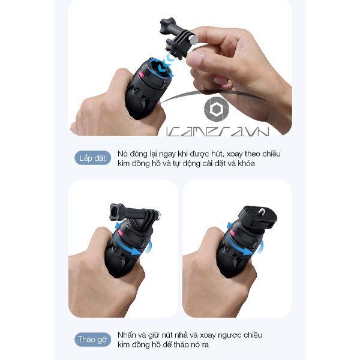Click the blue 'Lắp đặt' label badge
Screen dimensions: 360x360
click(x=93, y=158)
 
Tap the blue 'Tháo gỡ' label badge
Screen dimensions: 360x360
click(x=92, y=340)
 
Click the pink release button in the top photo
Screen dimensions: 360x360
click(x=141, y=74)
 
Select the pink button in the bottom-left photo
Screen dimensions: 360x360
click(x=121, y=233)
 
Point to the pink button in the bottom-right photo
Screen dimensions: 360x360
click(x=233, y=233)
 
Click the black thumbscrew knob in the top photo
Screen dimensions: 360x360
click(x=167, y=25)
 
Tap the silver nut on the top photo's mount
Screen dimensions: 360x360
click(x=194, y=39)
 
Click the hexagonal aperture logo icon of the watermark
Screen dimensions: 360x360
click(x=217, y=109)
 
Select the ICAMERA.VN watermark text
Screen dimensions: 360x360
click(x=217, y=131)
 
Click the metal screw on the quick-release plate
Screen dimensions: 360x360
click(x=261, y=211)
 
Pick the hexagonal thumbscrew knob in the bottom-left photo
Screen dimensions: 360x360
click(x=118, y=212)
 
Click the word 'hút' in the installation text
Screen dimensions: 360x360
click(x=217, y=154)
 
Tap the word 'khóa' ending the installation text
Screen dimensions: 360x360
click(x=247, y=163)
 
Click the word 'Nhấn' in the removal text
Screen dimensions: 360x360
click(x=127, y=335)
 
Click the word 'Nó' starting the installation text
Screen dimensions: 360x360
click(x=122, y=154)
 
